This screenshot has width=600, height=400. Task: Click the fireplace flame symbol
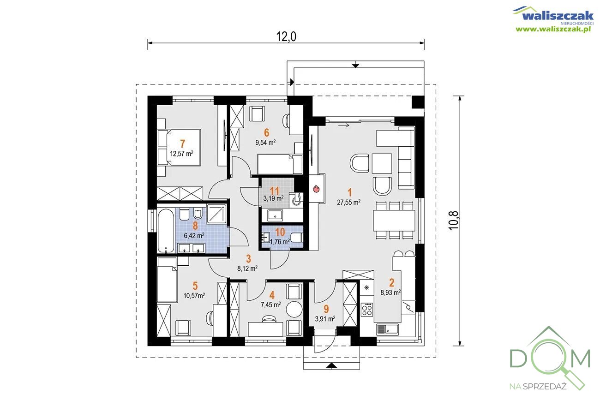pos(316,189)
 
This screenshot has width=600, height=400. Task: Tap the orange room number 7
pos(182,144)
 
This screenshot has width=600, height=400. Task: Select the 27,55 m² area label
pos(348,202)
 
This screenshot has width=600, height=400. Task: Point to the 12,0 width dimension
pos(286,37)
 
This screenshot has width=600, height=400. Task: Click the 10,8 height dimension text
pos(454,221)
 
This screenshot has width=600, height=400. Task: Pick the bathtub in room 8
pos(166,231)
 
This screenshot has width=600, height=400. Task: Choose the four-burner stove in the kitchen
pos(367,310)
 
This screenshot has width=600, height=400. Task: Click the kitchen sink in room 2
pos(387,329)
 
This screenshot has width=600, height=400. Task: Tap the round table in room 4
pos(294,310)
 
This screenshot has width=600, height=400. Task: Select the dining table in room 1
pos(394,221)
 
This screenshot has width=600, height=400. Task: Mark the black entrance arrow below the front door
pos(331,365)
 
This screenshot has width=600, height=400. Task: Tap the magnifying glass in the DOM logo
pos(556,363)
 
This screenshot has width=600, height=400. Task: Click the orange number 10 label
pos(280,232)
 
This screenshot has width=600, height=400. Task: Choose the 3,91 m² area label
pos(325,319)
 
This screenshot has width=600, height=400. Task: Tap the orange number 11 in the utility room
pos(275,191)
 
